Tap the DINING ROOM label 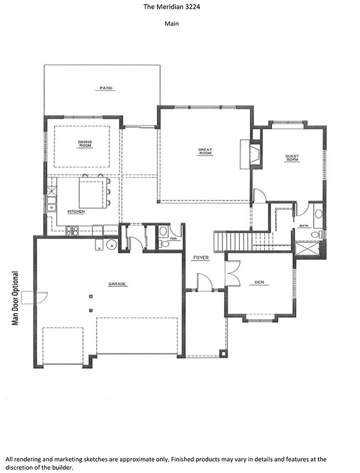tap(85, 144)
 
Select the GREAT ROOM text tap(205, 151)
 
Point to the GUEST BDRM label tap(292, 158)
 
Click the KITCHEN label tap(76, 211)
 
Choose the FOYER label tap(201, 257)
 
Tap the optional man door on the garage tap(40, 298)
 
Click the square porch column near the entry tap(223, 353)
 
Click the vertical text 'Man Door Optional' tap(15, 298)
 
